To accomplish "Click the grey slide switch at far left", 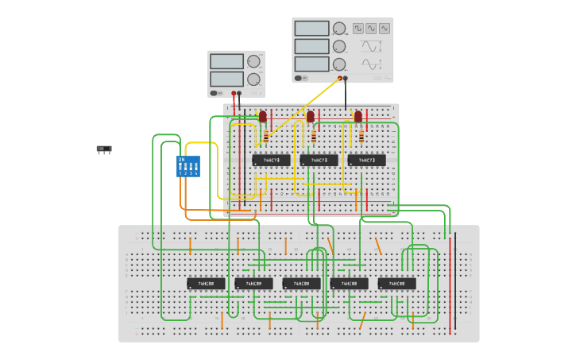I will click(104, 149).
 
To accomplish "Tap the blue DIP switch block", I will click(187, 166).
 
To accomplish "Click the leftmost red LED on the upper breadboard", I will click(263, 117).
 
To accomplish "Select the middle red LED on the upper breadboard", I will click(311, 117).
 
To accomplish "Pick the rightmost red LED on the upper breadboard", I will click(358, 117).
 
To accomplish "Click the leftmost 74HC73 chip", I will click(271, 160).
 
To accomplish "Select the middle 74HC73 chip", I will click(319, 160).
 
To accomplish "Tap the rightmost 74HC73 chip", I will click(366, 160).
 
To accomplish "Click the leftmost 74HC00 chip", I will click(206, 283).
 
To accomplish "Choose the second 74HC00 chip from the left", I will click(253, 283).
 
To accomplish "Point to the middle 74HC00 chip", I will click(301, 283).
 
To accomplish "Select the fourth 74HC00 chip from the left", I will click(349, 283).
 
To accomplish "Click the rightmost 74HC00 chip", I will click(396, 283).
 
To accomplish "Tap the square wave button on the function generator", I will click(359, 29).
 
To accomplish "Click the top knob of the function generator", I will click(339, 29).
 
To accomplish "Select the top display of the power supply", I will click(226, 62).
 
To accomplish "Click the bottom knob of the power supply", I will click(253, 79).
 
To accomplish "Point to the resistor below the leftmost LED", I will click(266, 137).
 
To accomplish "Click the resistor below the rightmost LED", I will click(361, 137).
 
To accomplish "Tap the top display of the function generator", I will click(311, 29).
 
